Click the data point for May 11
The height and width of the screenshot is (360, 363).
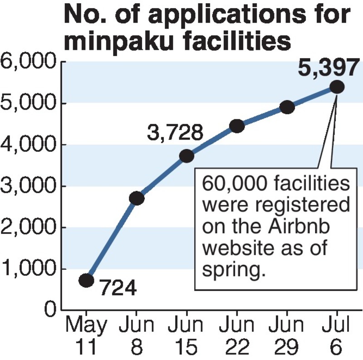click(87, 280)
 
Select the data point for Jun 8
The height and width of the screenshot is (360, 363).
click(137, 198)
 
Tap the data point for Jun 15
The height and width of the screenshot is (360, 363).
click(186, 156)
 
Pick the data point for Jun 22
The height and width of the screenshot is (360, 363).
click(237, 126)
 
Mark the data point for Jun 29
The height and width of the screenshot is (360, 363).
click(287, 107)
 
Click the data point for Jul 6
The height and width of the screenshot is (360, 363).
click(337, 87)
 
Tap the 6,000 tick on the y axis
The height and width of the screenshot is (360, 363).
click(29, 62)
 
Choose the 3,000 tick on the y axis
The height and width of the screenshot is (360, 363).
click(29, 186)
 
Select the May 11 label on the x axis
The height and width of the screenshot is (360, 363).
click(87, 336)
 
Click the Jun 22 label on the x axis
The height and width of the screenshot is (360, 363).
click(237, 336)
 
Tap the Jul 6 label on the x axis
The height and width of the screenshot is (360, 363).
click(337, 336)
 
